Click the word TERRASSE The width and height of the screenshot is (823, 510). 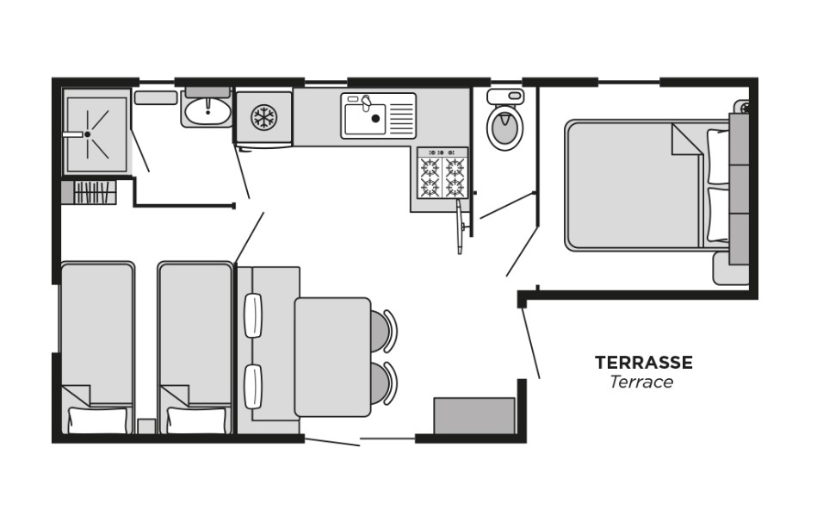click(643, 363)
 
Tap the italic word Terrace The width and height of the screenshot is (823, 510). click(641, 382)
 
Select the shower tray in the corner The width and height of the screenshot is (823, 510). click(96, 134)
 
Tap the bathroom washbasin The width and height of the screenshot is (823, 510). click(207, 110)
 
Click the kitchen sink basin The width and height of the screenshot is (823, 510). click(365, 119)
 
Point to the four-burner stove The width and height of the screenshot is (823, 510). click(442, 175)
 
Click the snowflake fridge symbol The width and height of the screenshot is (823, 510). click(263, 117)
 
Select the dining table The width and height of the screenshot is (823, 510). click(332, 357)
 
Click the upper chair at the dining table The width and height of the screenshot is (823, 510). click(383, 331)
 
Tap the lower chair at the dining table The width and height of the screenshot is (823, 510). click(383, 383)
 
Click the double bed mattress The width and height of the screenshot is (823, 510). click(633, 185)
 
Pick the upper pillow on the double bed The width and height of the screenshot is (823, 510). click(718, 156)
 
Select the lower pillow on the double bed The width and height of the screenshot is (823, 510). click(718, 215)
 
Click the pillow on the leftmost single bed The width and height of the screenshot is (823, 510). click(97, 420)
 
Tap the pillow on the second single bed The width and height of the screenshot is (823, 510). click(196, 420)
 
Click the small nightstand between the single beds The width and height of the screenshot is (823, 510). click(146, 426)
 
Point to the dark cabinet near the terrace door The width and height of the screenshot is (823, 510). click(473, 416)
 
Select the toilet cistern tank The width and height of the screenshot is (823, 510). click(505, 96)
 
